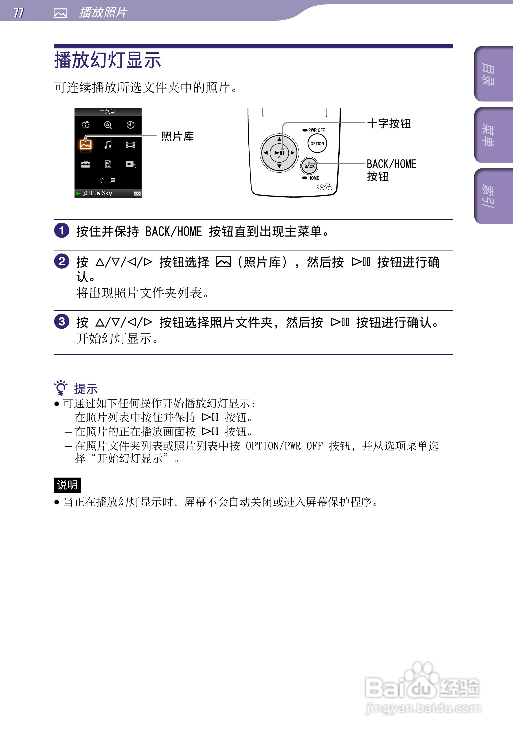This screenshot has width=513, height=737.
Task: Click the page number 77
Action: (18, 13)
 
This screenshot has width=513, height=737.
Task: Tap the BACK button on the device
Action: (309, 166)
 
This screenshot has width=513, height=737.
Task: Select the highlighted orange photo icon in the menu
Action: (85, 145)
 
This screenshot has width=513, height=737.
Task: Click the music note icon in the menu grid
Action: (108, 145)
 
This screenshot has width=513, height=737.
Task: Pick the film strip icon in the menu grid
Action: (130, 145)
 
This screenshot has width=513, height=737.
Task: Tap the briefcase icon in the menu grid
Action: (85, 165)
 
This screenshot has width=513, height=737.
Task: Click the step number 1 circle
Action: (62, 230)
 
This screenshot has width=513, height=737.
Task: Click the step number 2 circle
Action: (62, 261)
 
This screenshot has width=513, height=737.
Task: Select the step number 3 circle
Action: (62, 321)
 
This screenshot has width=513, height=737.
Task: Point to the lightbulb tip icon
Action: (60, 387)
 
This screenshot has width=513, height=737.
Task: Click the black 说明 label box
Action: (67, 485)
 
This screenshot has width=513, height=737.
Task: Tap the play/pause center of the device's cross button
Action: (279, 153)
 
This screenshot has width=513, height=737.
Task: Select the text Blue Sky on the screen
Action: (100, 193)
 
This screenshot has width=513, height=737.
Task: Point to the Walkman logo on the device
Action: (324, 187)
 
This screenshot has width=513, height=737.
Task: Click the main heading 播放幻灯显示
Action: (108, 60)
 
